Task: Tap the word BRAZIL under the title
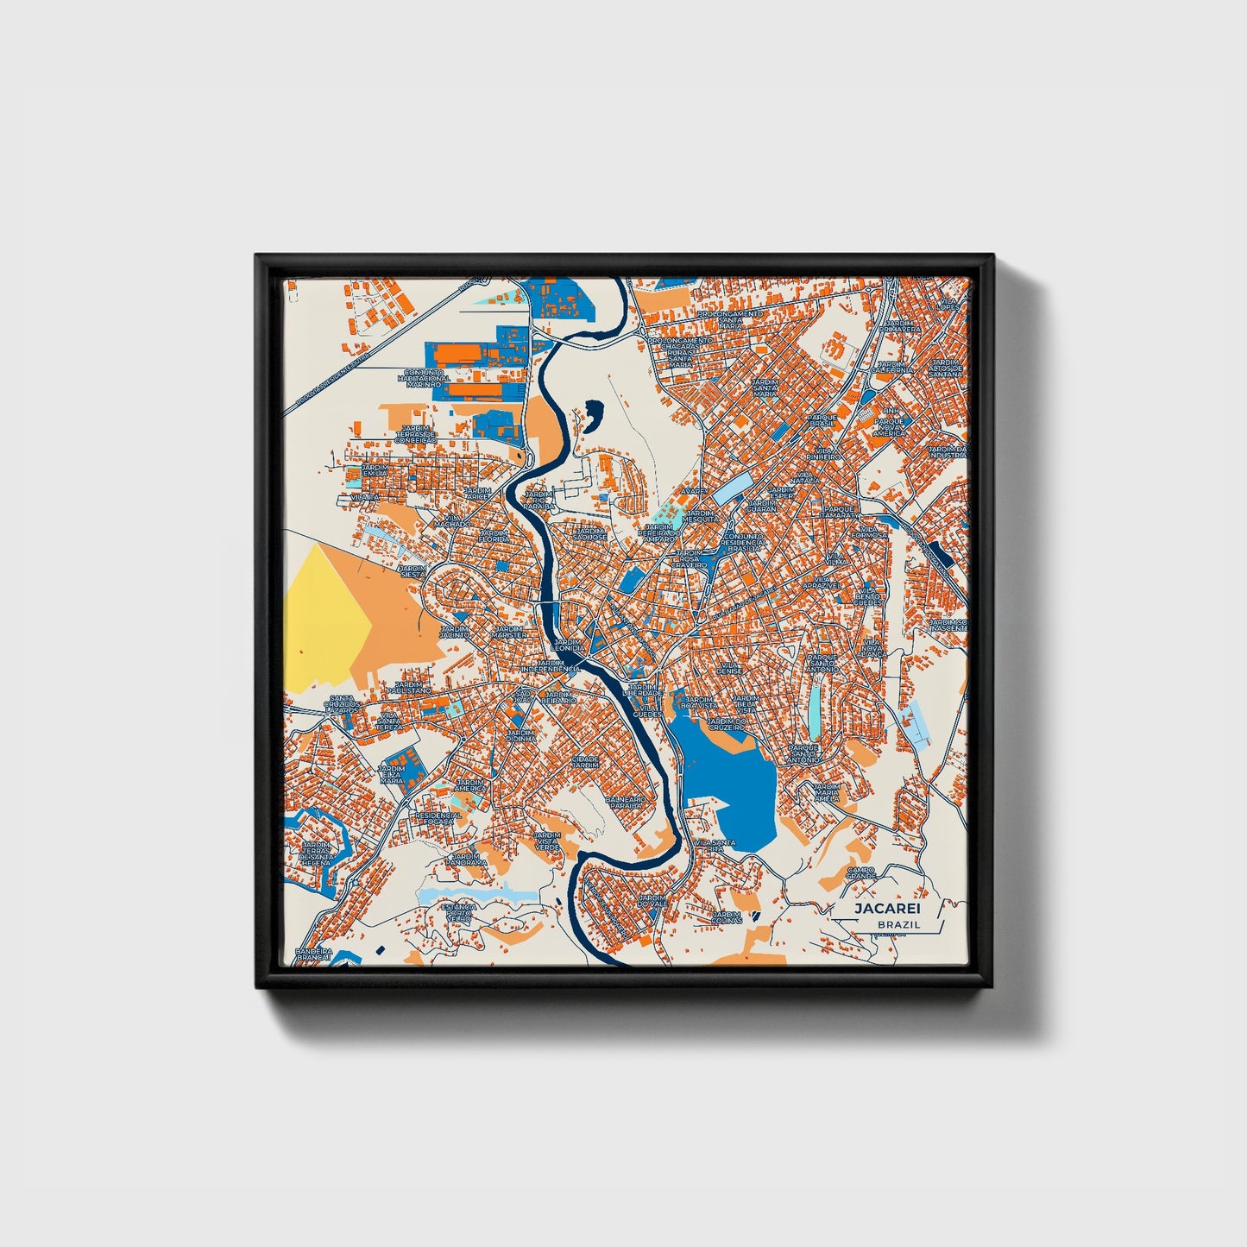coord(897,924)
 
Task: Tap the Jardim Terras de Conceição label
coord(415,434)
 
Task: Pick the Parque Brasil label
coord(822,419)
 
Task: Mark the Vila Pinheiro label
coord(824,454)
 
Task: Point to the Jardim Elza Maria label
coord(392,774)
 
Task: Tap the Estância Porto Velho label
coord(458,913)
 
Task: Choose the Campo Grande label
coord(860,873)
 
